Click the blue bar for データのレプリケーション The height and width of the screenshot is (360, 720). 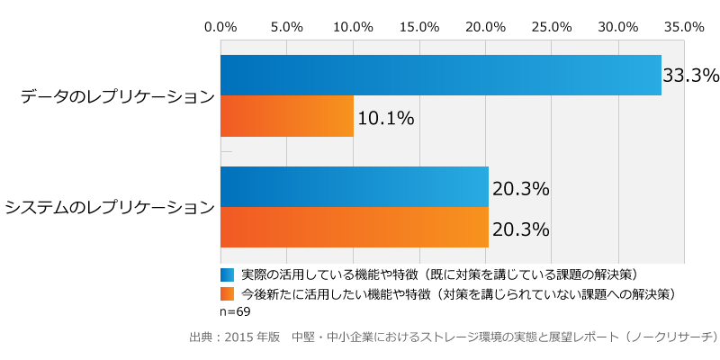coord(441,76)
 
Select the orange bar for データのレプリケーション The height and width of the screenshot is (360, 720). coord(287,116)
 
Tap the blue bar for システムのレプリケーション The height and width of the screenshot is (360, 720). coord(355,186)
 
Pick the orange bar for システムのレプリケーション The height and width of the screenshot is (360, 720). coord(355,227)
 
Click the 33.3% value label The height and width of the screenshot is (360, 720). coord(691,76)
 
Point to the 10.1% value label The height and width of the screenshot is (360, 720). coord(386,118)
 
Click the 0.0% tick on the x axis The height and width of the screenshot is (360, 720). coord(220,27)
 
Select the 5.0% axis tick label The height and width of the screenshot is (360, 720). coord(287,27)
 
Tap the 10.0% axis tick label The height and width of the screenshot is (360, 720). coord(354,27)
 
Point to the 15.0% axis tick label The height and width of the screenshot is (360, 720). coord(419,27)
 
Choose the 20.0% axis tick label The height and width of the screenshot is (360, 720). coord(486,27)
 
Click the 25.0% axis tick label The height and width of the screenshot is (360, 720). coord(553,27)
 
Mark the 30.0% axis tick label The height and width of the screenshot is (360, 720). coord(618,27)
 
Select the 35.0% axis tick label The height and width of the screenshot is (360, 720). coord(685,27)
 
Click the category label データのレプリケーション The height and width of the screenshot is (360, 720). coord(118,96)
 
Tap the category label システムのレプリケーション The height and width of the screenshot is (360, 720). coord(110,208)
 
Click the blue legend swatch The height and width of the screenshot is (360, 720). coord(227,274)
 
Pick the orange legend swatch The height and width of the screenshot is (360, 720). coord(227,293)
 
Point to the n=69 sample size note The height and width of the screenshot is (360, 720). coord(235,311)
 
